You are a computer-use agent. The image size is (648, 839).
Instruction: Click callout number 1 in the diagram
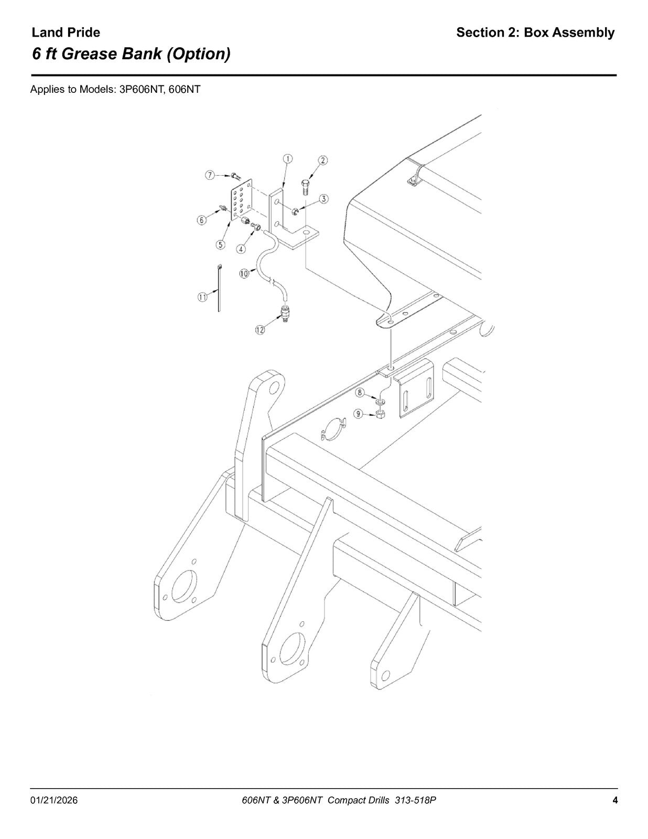tap(287, 159)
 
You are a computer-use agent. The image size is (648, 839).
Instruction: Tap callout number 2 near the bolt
tap(322, 160)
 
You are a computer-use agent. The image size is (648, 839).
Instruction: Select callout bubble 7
tap(210, 175)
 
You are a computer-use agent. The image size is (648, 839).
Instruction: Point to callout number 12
tap(260, 330)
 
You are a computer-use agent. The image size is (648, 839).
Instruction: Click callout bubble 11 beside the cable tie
tap(202, 297)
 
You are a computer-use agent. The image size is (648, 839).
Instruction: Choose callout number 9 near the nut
tap(359, 414)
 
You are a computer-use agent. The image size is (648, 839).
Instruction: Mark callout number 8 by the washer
tap(360, 393)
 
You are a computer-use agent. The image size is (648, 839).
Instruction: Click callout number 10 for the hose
tap(244, 274)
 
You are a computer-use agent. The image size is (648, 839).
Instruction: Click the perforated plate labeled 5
tap(241, 200)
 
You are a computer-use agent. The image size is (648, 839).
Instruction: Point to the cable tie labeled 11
tap(220, 287)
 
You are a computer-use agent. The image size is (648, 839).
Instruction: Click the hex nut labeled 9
tap(380, 415)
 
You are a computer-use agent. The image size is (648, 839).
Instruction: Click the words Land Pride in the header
tap(66, 33)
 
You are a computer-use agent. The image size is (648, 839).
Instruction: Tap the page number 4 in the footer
tap(615, 789)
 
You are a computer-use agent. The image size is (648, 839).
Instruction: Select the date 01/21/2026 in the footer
tap(53, 790)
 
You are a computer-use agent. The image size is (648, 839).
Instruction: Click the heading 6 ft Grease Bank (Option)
tap(131, 53)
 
